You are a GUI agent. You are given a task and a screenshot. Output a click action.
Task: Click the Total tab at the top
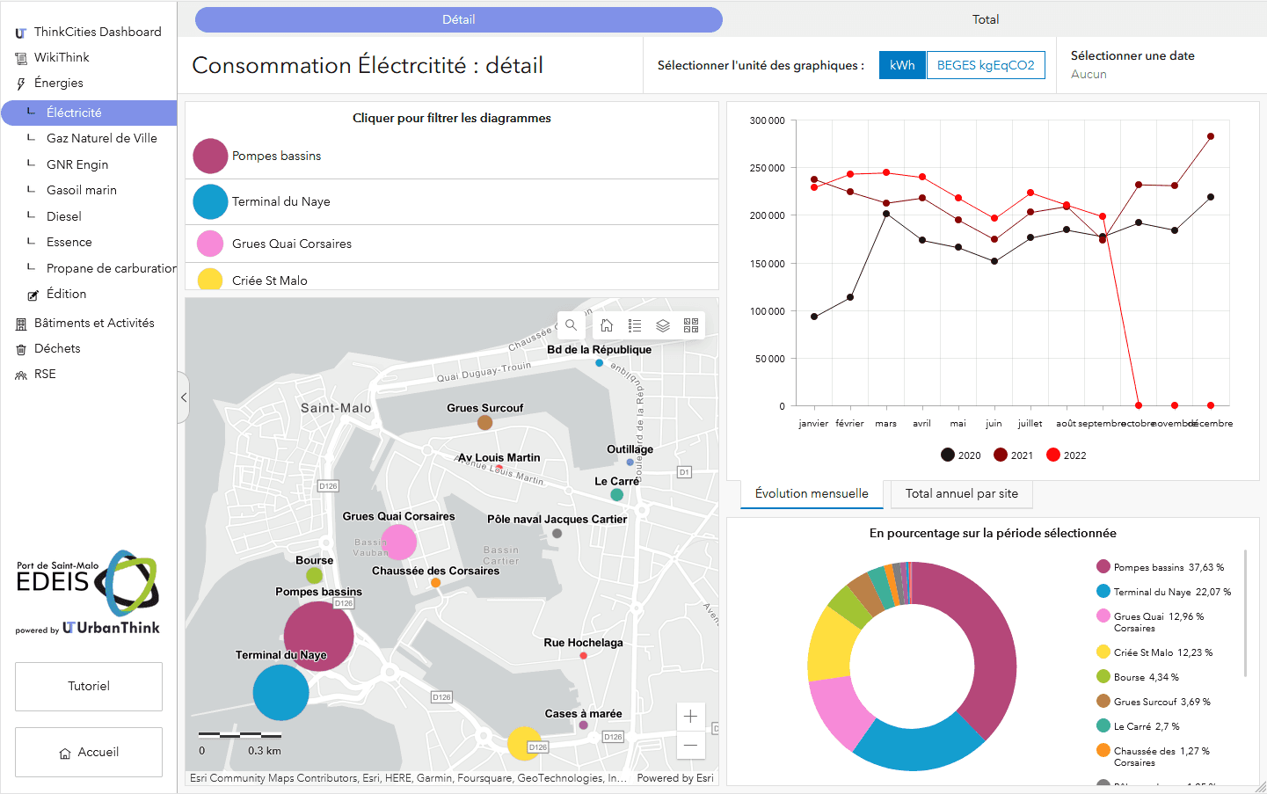pyautogui.click(x=985, y=19)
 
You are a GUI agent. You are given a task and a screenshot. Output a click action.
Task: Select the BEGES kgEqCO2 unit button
pyautogui.click(x=986, y=65)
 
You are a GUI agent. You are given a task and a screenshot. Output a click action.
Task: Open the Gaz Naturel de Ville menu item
pyautogui.click(x=101, y=138)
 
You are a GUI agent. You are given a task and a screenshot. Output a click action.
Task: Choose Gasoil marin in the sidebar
pyautogui.click(x=81, y=190)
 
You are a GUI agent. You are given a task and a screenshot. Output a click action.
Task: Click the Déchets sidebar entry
pyautogui.click(x=57, y=348)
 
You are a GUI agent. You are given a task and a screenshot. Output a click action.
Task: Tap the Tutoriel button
pyautogui.click(x=89, y=686)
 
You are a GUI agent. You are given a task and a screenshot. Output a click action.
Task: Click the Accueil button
pyautogui.click(x=89, y=752)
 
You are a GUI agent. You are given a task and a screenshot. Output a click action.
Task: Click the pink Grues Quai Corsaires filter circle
pyautogui.click(x=210, y=244)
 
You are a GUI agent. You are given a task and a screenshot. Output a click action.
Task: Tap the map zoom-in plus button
pyautogui.click(x=690, y=716)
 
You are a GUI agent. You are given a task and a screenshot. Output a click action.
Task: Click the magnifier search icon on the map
pyautogui.click(x=572, y=325)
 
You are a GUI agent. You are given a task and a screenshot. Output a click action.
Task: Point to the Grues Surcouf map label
pyautogui.click(x=484, y=408)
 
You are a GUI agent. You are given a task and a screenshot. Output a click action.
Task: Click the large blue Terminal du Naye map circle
pyautogui.click(x=280, y=692)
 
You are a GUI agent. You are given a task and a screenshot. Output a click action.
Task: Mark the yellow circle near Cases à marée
pyautogui.click(x=524, y=743)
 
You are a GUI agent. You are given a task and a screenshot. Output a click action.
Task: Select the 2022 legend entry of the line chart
pyautogui.click(x=1066, y=455)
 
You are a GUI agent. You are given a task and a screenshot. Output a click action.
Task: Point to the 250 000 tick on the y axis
pyautogui.click(x=767, y=168)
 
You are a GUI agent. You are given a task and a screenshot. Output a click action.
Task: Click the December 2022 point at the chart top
pyautogui.click(x=1211, y=136)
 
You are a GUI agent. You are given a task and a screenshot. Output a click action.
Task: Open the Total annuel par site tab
pyautogui.click(x=962, y=493)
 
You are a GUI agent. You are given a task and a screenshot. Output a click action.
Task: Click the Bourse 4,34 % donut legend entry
pyautogui.click(x=1137, y=677)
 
